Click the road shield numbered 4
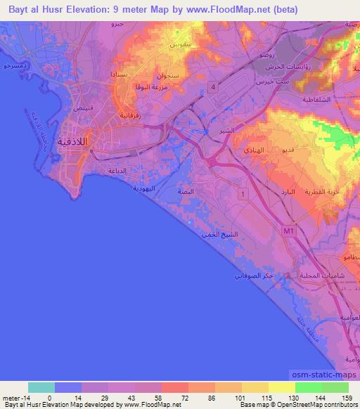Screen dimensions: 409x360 coord(212,86)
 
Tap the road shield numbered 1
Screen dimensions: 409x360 coord(243,192)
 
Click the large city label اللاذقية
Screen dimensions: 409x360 coord(78,138)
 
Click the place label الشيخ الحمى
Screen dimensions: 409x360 coord(214,234)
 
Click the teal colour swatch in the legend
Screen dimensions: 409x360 coord(41,387)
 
